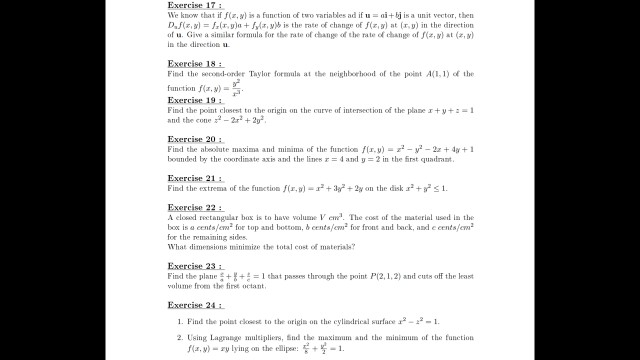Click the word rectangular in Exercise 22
[214, 217]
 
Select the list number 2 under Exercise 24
[179, 338]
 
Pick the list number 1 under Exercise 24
[179, 321]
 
